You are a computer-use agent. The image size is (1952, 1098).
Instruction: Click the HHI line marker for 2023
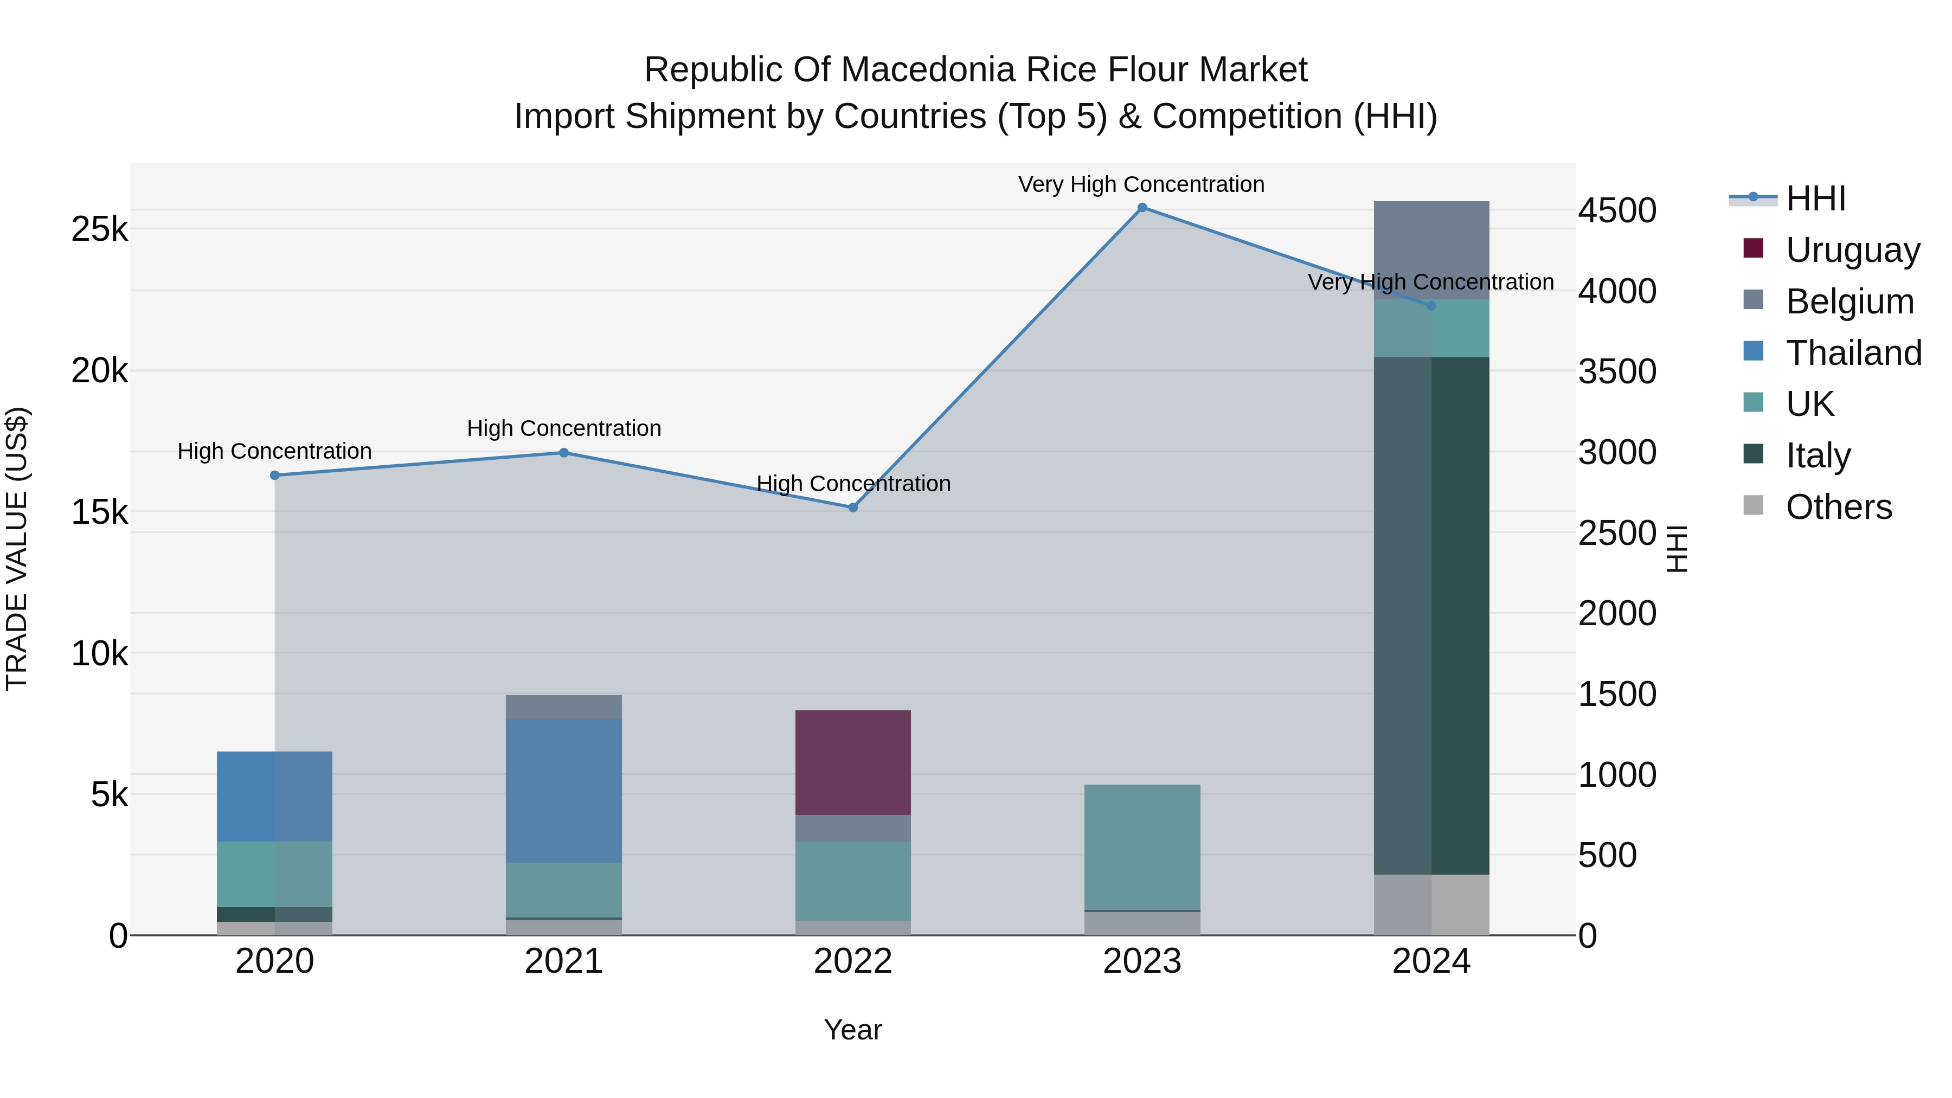tap(1142, 208)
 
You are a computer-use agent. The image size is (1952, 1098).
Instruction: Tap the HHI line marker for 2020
tap(275, 475)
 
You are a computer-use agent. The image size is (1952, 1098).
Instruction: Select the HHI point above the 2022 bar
tap(852, 508)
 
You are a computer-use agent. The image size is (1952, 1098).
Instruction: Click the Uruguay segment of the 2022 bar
tap(852, 762)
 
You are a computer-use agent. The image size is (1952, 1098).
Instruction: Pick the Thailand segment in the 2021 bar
tap(564, 791)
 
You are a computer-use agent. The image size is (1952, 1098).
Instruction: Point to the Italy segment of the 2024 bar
tap(1431, 615)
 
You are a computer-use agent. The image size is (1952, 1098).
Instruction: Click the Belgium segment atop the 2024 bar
tap(1431, 250)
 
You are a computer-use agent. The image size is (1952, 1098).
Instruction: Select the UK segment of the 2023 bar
tap(1142, 846)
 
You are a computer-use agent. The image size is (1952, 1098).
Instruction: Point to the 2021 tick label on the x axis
tap(564, 961)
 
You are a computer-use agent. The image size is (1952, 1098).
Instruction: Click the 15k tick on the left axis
tap(100, 512)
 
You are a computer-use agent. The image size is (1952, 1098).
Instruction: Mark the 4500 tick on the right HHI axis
tap(1617, 211)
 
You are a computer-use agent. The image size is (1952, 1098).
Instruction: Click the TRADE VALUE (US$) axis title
tap(17, 549)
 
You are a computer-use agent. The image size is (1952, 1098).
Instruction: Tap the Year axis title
tap(852, 1030)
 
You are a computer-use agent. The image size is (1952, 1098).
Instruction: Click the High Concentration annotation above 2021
tap(564, 428)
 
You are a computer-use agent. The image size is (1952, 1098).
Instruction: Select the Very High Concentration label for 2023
tap(1141, 184)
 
